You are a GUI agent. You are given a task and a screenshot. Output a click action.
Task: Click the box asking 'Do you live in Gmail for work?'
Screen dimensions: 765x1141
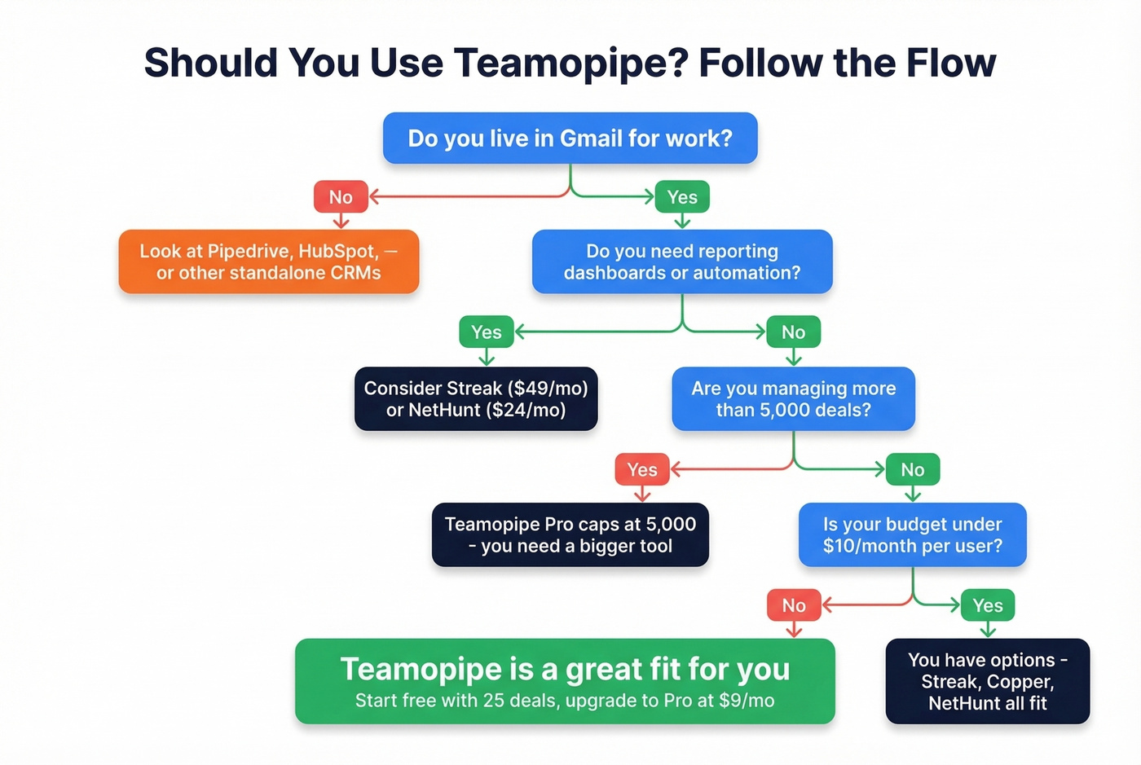[x=570, y=138]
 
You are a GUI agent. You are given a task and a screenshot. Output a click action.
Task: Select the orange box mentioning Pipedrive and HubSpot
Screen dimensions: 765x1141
[x=268, y=262]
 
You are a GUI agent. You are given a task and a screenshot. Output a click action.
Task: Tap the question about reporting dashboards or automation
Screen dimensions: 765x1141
[x=682, y=262]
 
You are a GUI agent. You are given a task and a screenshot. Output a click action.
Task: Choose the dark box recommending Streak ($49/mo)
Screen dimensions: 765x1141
[x=476, y=398]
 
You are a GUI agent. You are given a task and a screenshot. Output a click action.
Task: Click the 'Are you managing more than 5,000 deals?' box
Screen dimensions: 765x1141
[x=793, y=398]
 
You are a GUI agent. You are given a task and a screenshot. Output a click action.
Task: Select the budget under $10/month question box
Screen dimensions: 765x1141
[x=912, y=534]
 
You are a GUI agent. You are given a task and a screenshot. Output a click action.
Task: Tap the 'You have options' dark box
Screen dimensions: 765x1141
[x=987, y=681]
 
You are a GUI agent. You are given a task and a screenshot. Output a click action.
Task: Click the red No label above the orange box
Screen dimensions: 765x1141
[x=341, y=197]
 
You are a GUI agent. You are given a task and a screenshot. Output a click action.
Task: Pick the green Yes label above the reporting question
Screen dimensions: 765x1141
[x=682, y=197]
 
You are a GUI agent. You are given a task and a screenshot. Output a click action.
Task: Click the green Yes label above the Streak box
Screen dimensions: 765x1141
[x=487, y=332]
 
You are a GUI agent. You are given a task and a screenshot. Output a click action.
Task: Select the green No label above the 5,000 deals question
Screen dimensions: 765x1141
[x=793, y=332]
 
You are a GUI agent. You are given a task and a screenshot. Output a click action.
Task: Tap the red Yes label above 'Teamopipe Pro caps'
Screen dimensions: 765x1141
[x=642, y=469]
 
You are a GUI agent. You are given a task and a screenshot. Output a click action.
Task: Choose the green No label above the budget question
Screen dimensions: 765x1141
[x=913, y=469]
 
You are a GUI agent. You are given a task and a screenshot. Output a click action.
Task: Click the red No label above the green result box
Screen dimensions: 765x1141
[x=794, y=605]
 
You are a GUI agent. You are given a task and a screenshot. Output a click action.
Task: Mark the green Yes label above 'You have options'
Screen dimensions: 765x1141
[x=988, y=605]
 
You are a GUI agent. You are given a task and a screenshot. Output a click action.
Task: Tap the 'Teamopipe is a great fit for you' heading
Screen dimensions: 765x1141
[x=565, y=669]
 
